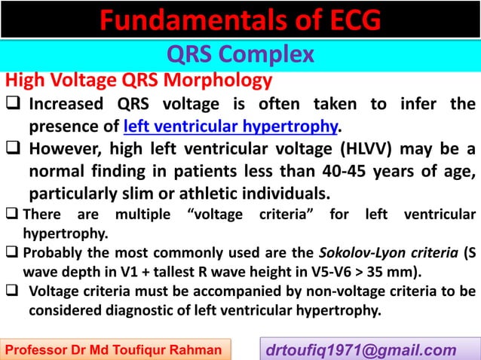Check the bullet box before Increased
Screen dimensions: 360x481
coord(14,103)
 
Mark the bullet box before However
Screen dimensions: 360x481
coord(14,145)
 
